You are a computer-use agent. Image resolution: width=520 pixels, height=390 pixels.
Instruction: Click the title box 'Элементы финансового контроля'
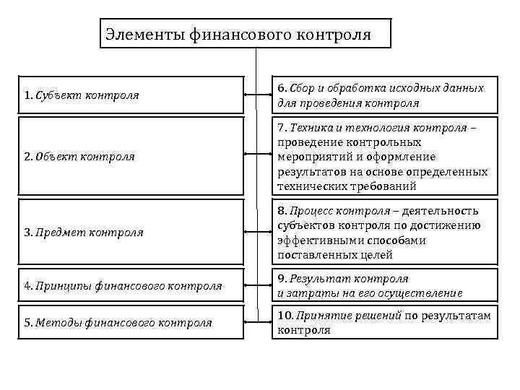point(245,34)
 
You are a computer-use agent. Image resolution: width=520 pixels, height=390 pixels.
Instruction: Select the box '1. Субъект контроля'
point(131,95)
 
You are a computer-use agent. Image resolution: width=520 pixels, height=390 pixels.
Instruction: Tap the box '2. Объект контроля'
point(131,156)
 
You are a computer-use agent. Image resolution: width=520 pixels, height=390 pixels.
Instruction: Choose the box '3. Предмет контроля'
point(131,232)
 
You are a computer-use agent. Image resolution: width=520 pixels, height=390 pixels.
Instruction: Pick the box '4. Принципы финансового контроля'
point(131,285)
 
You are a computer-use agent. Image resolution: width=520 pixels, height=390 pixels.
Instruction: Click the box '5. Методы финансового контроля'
point(131,323)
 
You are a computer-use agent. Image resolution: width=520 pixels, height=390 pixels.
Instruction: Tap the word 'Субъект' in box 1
point(56,95)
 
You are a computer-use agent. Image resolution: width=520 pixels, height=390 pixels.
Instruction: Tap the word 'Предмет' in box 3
point(58,232)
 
